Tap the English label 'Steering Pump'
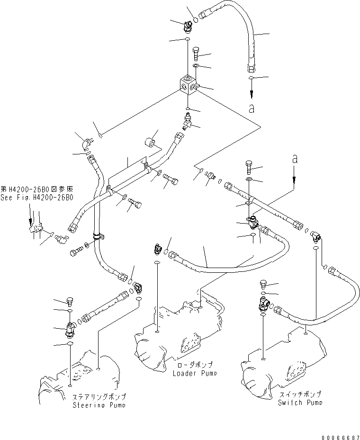click(99, 405)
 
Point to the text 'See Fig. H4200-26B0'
click(37, 197)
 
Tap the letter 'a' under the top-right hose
click(252, 108)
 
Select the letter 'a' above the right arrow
click(294, 160)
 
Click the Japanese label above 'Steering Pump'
click(99, 397)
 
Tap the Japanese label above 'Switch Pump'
click(300, 394)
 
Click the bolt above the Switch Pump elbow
click(264, 284)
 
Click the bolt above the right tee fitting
click(250, 167)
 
